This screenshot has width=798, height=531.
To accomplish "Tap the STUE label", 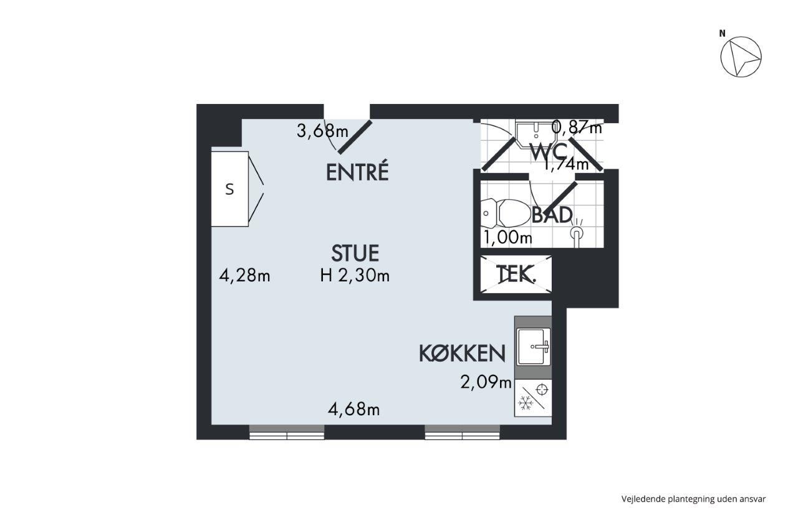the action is [355, 253].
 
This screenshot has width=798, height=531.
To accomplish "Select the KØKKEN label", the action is [462, 354].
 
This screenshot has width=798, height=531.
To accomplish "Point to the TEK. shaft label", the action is [516, 274].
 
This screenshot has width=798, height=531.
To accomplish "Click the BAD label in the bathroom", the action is [552, 215].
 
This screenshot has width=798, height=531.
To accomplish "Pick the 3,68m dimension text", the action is [322, 131].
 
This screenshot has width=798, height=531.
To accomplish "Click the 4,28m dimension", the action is [244, 275].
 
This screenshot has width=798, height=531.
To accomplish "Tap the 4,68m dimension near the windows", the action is [353, 410].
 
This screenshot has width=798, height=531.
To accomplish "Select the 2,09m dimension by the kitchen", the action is [486, 382].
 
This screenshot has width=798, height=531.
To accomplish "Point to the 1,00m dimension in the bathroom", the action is [507, 237].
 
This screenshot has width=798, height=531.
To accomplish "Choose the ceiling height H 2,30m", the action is [355, 275].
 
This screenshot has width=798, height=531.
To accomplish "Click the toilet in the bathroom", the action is [506, 214].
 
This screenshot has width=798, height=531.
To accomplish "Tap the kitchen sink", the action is [533, 347].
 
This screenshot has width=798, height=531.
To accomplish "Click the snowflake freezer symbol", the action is [526, 403].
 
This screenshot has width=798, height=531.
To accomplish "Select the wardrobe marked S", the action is [230, 189].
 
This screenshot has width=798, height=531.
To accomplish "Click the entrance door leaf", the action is [355, 137].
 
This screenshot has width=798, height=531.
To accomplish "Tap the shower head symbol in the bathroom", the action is [577, 233].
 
